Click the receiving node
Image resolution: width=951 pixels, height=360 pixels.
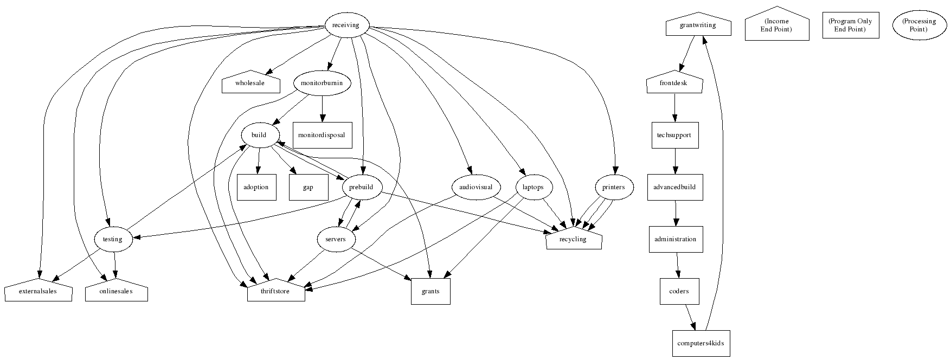point(345,25)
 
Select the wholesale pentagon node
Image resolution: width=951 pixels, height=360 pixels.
point(250,83)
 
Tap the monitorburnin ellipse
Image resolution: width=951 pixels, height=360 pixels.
point(322,83)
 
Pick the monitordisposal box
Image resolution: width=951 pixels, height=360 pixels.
point(322,135)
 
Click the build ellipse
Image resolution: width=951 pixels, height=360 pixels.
point(259,135)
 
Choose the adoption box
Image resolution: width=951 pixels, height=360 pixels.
point(256,187)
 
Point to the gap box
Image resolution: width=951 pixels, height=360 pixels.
point(308,187)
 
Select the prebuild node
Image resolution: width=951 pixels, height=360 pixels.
point(362,187)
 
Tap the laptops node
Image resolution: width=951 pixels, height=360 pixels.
point(534,187)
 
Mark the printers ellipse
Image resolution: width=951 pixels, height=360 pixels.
point(613,187)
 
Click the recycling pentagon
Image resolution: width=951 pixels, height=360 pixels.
point(573,240)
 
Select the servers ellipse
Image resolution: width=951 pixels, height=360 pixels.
point(336,239)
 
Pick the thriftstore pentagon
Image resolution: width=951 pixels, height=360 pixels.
point(276,291)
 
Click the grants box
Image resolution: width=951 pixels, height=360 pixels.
point(430,291)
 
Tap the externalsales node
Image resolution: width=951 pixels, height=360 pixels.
point(38,291)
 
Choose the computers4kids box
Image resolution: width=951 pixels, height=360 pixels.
point(701,343)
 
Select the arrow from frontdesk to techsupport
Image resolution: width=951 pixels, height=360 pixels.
point(675,108)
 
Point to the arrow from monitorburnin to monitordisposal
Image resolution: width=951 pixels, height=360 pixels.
point(323,108)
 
